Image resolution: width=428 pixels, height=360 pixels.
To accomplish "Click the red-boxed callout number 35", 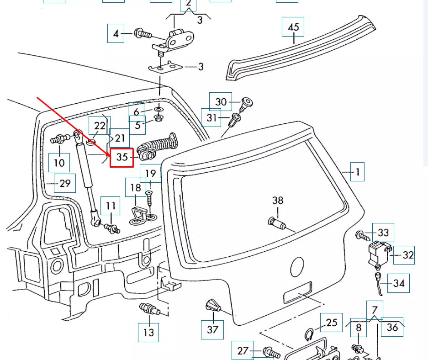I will coord(122,157).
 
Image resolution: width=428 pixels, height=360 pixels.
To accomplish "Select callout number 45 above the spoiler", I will coord(293,27).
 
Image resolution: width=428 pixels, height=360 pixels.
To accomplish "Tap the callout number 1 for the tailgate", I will coord(357,172).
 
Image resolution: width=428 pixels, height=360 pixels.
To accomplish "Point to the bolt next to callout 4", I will coord(143,33).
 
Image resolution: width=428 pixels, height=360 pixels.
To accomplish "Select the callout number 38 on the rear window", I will coord(278,200).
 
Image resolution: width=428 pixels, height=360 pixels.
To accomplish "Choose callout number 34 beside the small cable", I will coord(398,283).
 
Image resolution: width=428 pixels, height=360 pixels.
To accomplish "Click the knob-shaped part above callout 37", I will coord(212,306).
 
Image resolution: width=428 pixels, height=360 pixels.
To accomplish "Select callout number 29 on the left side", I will coord(65,183).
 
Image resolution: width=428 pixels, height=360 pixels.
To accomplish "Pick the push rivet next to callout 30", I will coord(247,103).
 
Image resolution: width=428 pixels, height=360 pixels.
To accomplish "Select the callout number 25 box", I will coord(331,323).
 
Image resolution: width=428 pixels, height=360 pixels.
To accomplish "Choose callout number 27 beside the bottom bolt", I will coord(243,351).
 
